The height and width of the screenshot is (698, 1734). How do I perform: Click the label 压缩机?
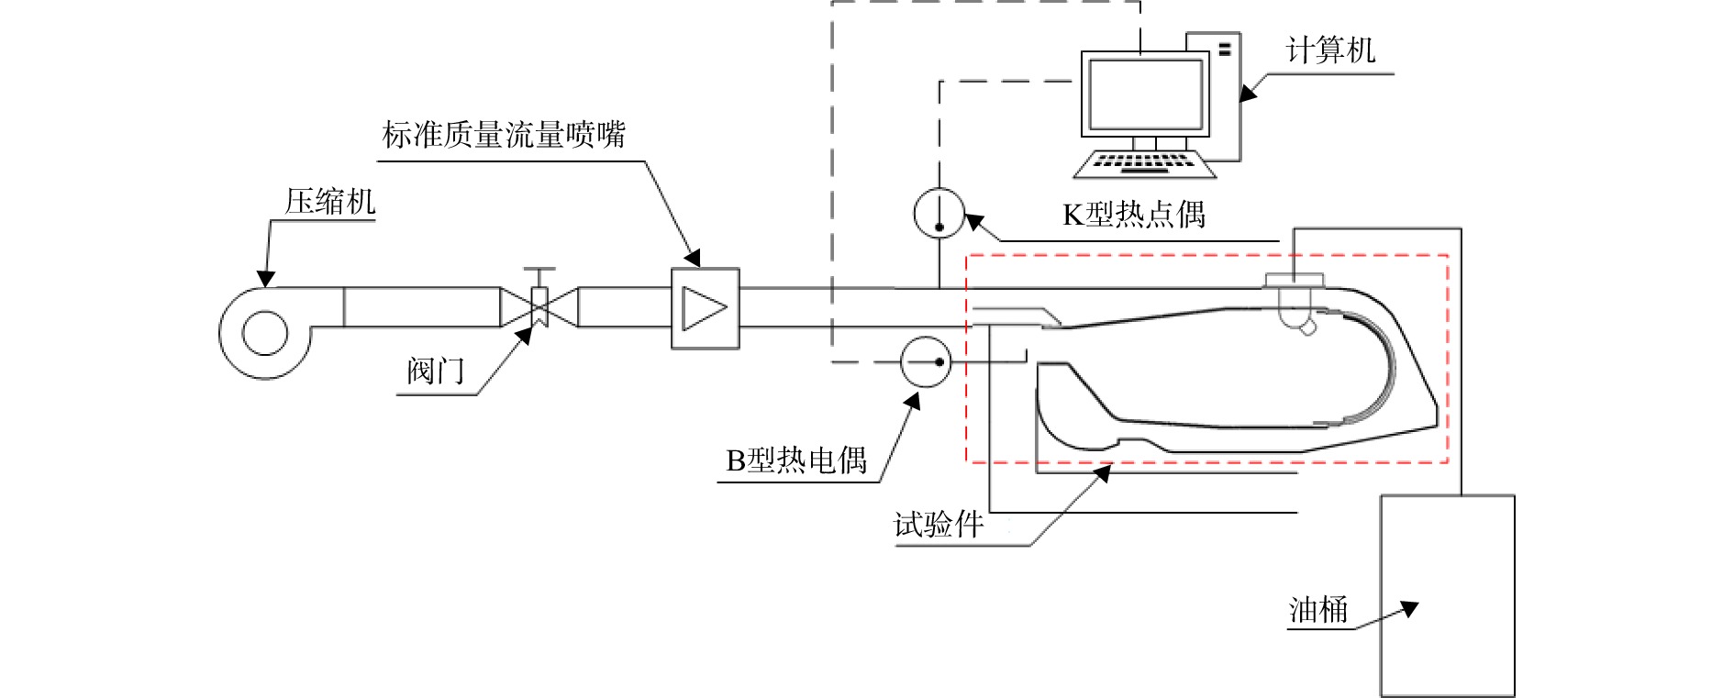click(330, 201)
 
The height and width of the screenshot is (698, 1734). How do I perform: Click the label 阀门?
click(436, 371)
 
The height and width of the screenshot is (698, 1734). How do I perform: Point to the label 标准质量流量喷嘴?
click(505, 135)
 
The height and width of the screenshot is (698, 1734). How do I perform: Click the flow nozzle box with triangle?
click(705, 307)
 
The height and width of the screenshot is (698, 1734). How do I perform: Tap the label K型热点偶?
click(1134, 215)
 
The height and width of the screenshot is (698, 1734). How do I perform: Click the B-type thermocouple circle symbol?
click(925, 361)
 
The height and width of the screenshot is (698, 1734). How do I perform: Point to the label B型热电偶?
click(796, 460)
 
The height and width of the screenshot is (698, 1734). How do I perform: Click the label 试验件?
click(939, 525)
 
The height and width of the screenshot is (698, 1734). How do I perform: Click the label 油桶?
click(1318, 610)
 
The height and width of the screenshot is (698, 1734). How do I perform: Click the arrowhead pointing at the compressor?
click(266, 277)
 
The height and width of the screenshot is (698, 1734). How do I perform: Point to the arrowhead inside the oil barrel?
click(1409, 608)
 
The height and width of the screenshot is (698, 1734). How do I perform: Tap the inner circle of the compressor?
click(265, 332)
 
